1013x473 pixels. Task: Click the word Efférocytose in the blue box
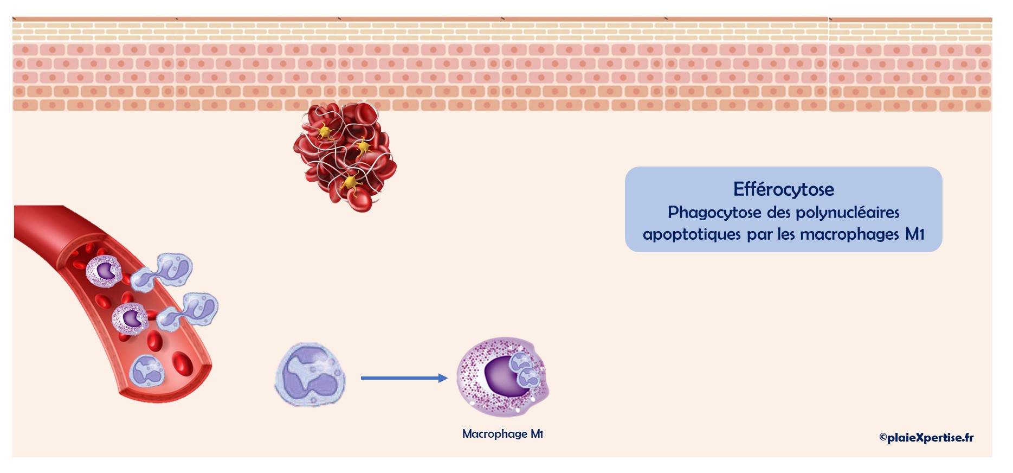[x=783, y=189]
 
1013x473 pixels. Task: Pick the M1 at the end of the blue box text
[x=915, y=234]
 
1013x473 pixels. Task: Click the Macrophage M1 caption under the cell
[x=502, y=434]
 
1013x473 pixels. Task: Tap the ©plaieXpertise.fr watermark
[x=926, y=437]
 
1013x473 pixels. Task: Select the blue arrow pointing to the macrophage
[x=404, y=378]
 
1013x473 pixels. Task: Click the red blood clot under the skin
[x=345, y=157]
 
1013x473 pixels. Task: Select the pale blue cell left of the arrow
[x=310, y=374]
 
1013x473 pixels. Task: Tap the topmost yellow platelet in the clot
[x=325, y=131]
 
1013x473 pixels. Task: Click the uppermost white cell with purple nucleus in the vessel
[x=104, y=271]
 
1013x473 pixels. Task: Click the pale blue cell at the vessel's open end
[x=147, y=370]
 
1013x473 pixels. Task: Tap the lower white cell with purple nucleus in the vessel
[x=131, y=318]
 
